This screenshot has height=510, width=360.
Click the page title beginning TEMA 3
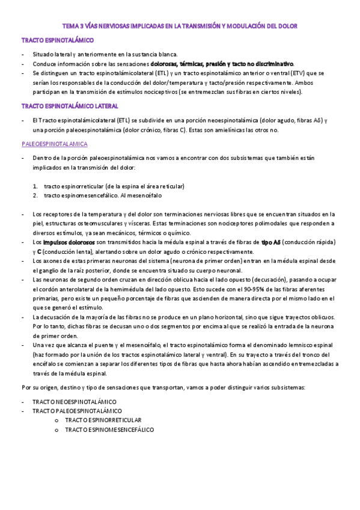[x=180, y=26]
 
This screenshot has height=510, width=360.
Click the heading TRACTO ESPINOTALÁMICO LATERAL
[x=70, y=106]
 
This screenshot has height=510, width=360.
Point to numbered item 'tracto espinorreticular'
[x=114, y=186]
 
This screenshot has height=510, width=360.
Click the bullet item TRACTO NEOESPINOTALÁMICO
[x=75, y=401]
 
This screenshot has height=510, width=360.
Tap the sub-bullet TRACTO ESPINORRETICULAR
[x=103, y=420]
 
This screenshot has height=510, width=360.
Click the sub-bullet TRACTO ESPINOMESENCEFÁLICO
[x=109, y=430]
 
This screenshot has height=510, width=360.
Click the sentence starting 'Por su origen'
[x=163, y=387]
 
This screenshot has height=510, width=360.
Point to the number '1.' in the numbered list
[x=36, y=186]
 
